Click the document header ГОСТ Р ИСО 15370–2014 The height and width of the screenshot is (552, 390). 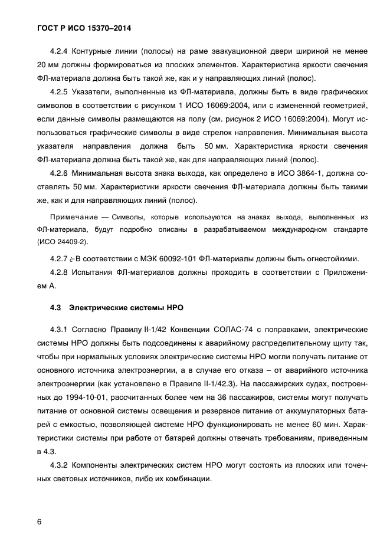point(83,28)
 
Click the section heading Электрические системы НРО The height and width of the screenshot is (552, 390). point(127,307)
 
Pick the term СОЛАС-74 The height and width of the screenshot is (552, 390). point(245,328)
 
